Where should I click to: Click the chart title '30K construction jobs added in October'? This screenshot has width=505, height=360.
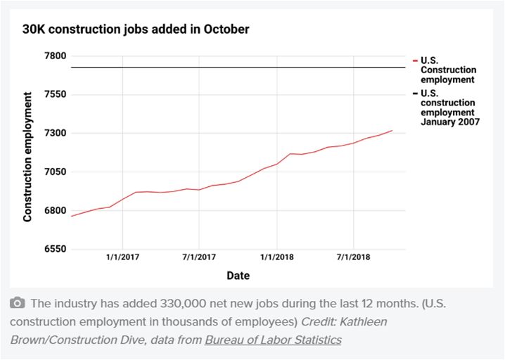click(135, 30)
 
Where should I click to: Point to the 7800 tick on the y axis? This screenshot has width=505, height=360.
click(54, 56)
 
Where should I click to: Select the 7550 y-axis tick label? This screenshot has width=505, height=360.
click(54, 95)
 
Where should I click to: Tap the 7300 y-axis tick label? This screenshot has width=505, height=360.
click(54, 134)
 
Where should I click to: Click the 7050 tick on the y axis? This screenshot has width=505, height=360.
click(54, 172)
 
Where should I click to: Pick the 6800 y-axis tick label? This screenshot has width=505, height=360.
click(54, 211)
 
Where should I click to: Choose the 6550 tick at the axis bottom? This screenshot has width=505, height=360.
click(54, 250)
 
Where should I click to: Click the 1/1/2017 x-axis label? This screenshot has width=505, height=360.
click(123, 257)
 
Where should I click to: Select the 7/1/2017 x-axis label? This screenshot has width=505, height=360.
click(200, 257)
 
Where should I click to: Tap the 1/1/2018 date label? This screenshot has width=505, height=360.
click(276, 257)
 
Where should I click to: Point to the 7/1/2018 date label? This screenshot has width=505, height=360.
click(353, 257)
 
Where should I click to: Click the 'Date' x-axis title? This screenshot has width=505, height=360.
click(238, 276)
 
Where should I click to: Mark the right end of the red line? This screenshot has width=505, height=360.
click(392, 131)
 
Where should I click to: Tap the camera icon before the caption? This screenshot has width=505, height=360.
click(18, 304)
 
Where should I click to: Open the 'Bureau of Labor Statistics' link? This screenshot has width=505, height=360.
click(273, 340)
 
